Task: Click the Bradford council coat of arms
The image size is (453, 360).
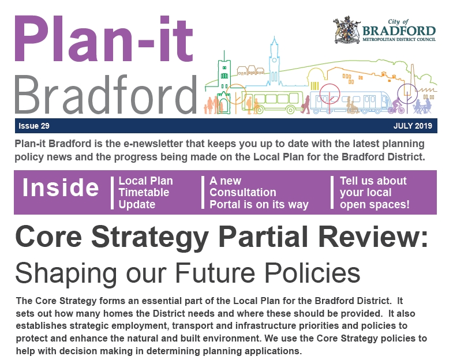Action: pos(347,30)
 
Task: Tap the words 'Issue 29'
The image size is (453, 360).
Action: pos(34,126)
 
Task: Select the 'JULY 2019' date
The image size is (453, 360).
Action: pos(413,126)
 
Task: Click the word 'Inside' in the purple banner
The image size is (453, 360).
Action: pos(61,187)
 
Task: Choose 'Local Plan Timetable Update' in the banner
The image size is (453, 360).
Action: pos(145,193)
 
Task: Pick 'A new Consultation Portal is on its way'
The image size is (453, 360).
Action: pos(259,193)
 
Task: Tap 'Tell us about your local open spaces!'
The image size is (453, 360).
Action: pos(375,193)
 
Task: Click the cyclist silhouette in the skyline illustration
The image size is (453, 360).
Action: pos(395,106)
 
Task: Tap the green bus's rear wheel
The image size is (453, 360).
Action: pos(291,110)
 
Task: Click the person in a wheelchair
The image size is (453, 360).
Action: pos(351,106)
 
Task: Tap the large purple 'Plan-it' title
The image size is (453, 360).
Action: pos(104,39)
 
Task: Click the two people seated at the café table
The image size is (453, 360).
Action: pos(422,106)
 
